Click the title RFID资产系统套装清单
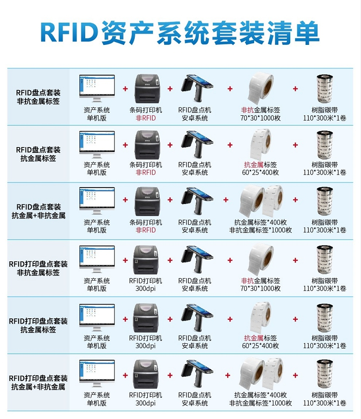click(180, 33)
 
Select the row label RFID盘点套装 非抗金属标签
click(38, 97)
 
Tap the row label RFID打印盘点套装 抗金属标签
click(38, 325)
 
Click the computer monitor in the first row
click(97, 88)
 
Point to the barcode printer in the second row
click(146, 145)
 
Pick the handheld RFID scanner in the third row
click(197, 202)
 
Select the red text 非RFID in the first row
click(146, 118)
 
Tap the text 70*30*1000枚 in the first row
click(260, 118)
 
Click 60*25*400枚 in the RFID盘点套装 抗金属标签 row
click(260, 172)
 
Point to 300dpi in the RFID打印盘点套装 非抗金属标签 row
click(145, 289)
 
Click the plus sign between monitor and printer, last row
click(125, 376)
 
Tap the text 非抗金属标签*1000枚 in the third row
click(260, 230)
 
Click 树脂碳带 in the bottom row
click(325, 395)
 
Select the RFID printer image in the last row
click(146, 374)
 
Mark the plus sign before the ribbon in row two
click(296, 145)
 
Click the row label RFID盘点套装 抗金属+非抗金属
click(39, 211)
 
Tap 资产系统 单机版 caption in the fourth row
click(97, 284)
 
